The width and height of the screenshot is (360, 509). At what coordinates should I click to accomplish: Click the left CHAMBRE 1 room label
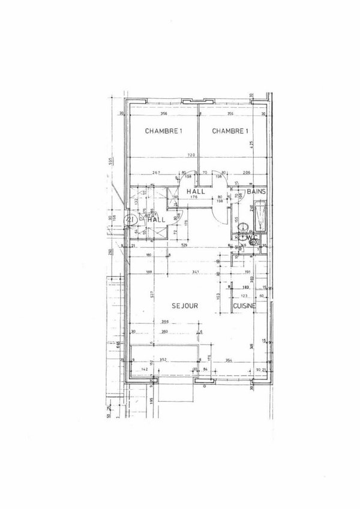(x=163, y=131)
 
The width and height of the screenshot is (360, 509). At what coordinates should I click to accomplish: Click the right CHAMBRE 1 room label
(x=230, y=131)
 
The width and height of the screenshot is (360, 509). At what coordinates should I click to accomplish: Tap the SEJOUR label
(x=185, y=305)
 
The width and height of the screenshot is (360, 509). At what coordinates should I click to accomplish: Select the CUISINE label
(x=245, y=305)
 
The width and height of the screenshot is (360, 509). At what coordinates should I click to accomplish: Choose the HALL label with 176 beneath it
(x=196, y=191)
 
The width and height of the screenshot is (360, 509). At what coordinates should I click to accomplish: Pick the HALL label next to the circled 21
(x=157, y=219)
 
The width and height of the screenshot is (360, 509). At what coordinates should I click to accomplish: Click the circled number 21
(x=129, y=219)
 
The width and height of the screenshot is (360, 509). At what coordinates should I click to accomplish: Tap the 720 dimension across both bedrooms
(x=191, y=155)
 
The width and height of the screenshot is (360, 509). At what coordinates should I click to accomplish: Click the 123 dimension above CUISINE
(x=244, y=296)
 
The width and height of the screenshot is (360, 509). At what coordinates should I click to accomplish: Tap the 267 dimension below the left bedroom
(x=156, y=172)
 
